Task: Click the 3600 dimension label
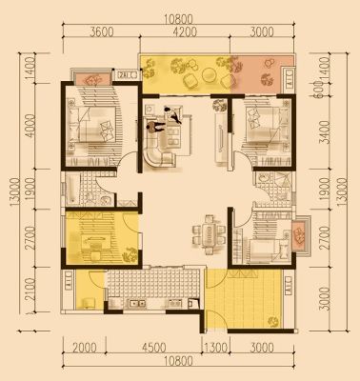[x=101, y=32]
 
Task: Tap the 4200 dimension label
[x=185, y=32]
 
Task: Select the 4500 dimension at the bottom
[x=153, y=348]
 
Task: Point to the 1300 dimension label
[x=216, y=348]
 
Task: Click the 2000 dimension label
[x=85, y=348]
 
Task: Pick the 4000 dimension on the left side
[x=31, y=126]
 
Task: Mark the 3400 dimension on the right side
[x=326, y=132]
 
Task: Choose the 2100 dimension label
[x=30, y=290]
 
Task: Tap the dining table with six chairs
[x=209, y=235]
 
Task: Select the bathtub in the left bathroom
[x=70, y=190]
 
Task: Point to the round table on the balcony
[x=209, y=75]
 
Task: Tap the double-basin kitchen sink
[x=137, y=304]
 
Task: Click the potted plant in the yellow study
[x=130, y=254]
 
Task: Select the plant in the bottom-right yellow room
[x=273, y=321]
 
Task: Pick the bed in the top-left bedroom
[x=94, y=124]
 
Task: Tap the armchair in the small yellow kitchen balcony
[x=88, y=303]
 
